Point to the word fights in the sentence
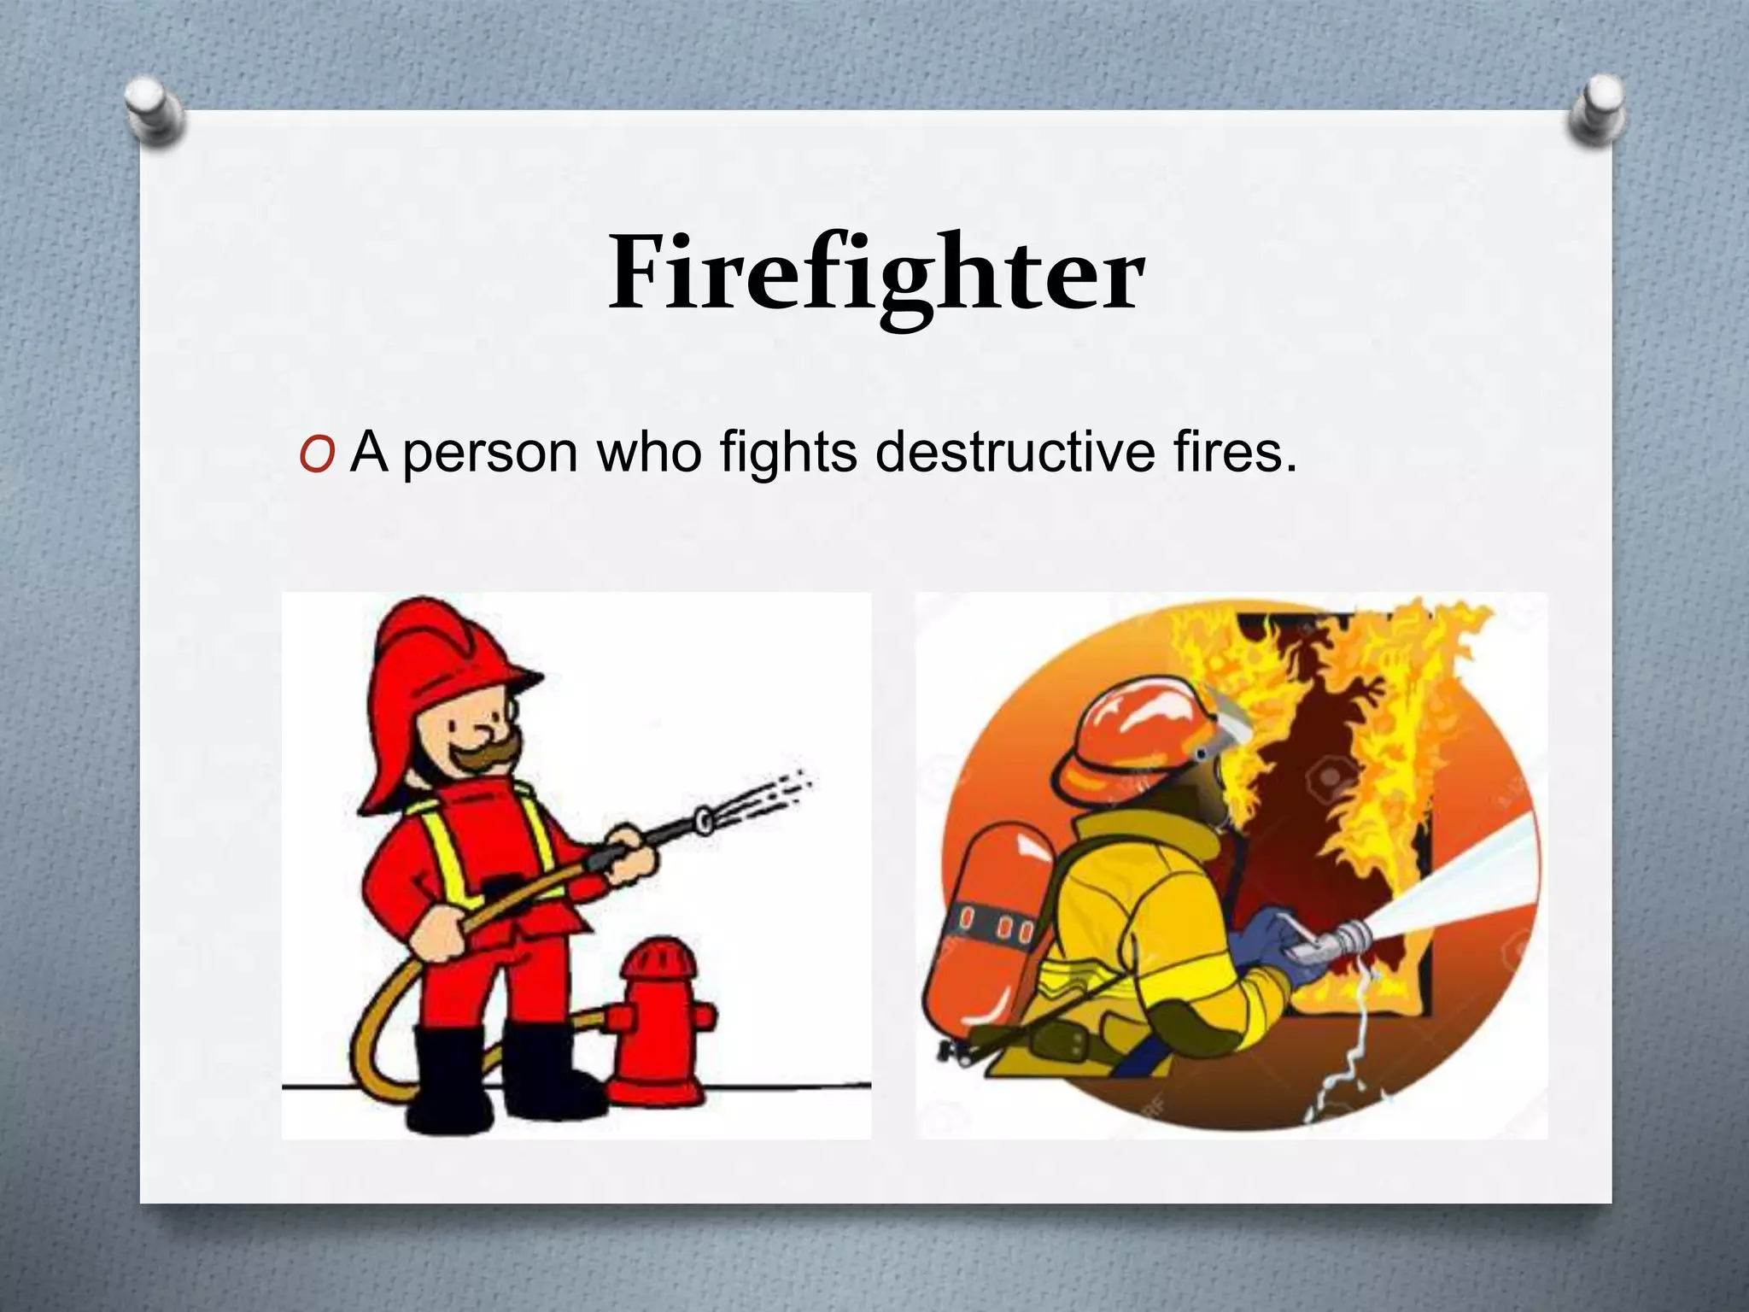788,453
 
